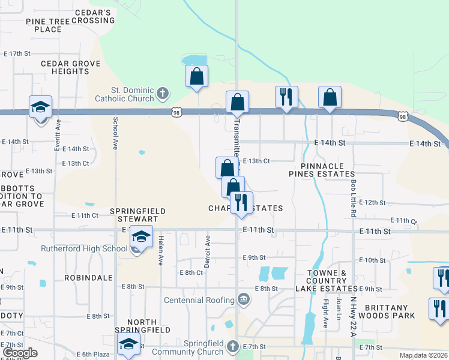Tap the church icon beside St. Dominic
point(162,93)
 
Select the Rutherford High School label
point(84,249)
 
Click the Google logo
point(20,353)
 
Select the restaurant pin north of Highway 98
point(286,97)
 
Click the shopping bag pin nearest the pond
point(196,77)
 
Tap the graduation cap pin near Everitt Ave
point(41,107)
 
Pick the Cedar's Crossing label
point(92,16)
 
